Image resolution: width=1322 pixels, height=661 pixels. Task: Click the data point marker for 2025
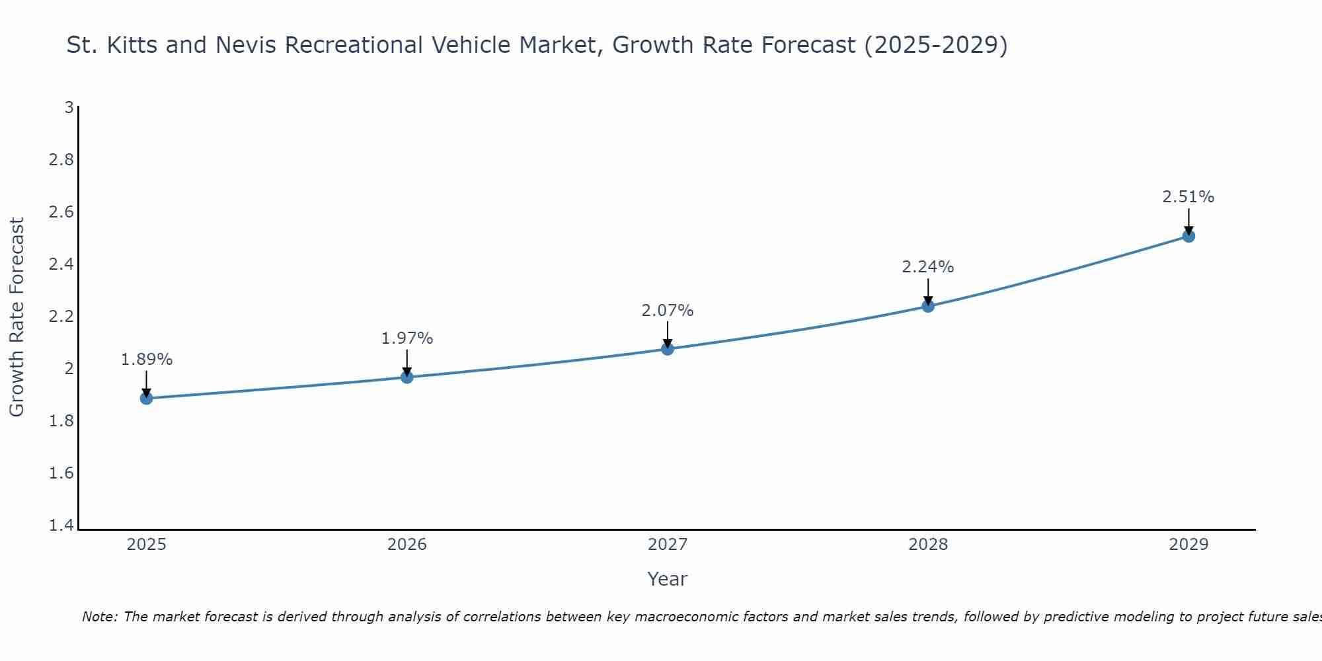click(x=147, y=398)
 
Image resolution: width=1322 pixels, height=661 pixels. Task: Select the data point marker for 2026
click(x=407, y=377)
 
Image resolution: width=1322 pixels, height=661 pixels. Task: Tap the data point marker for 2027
click(x=668, y=348)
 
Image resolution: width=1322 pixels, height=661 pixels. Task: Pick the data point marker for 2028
click(x=928, y=305)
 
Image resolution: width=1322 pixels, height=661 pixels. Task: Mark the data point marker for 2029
click(x=1188, y=236)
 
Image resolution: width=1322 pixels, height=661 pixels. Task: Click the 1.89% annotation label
click(x=147, y=360)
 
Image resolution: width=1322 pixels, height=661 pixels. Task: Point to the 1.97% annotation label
click(x=407, y=338)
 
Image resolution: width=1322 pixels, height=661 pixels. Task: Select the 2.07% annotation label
click(x=668, y=311)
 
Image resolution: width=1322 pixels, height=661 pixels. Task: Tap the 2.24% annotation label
click(x=928, y=267)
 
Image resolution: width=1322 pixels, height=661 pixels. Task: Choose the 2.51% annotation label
click(x=1188, y=197)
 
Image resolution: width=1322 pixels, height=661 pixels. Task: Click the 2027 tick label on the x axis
click(x=668, y=545)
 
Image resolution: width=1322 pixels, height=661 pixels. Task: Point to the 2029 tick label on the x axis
click(x=1188, y=545)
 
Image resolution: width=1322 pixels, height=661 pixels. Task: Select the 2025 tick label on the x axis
click(x=147, y=545)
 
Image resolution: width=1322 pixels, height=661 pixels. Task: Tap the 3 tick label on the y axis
click(x=69, y=107)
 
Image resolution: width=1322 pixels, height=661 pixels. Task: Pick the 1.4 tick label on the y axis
click(x=61, y=525)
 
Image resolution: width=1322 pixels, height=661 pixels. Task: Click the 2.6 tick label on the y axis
click(x=61, y=212)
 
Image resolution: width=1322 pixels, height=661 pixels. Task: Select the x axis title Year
click(x=668, y=579)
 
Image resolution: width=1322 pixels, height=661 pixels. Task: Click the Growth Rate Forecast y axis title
click(x=17, y=317)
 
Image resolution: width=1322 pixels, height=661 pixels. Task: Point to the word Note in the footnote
click(x=98, y=617)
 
